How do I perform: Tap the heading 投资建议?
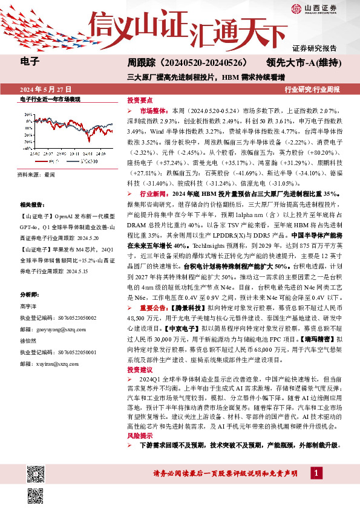[139, 369]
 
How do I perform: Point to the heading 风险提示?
[139, 435]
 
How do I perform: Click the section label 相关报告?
[33, 206]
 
